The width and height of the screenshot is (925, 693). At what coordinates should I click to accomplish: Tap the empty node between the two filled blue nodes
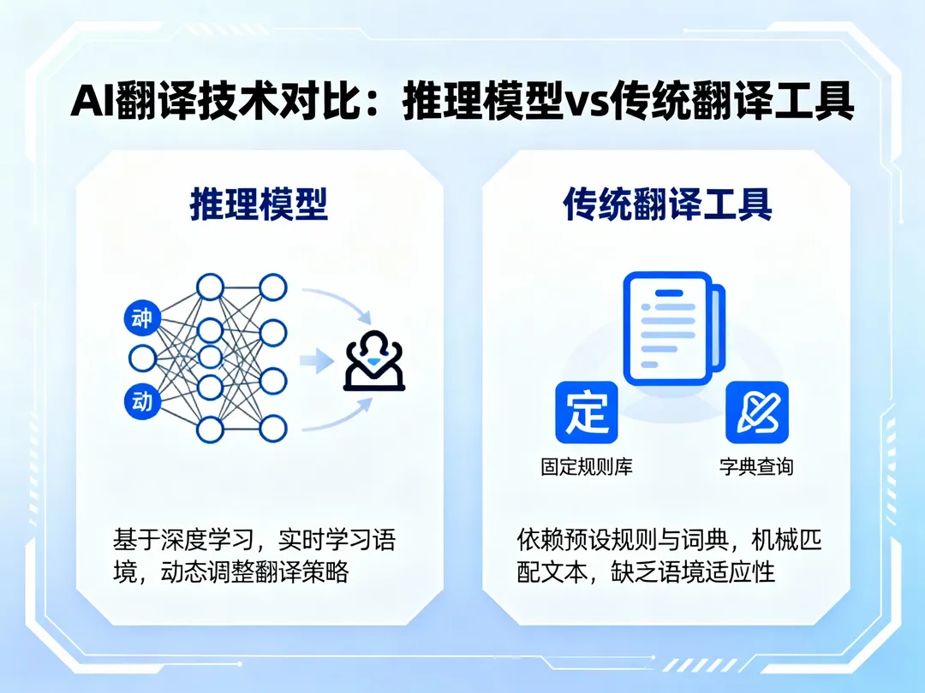tap(141, 358)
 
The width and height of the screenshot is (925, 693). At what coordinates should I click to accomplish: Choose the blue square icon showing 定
tap(587, 412)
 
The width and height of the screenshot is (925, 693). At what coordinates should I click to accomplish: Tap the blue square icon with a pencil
tap(756, 412)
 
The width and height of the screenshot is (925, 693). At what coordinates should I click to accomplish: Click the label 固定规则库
tap(587, 467)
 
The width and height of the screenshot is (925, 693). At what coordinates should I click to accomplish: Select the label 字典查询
tap(756, 467)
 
